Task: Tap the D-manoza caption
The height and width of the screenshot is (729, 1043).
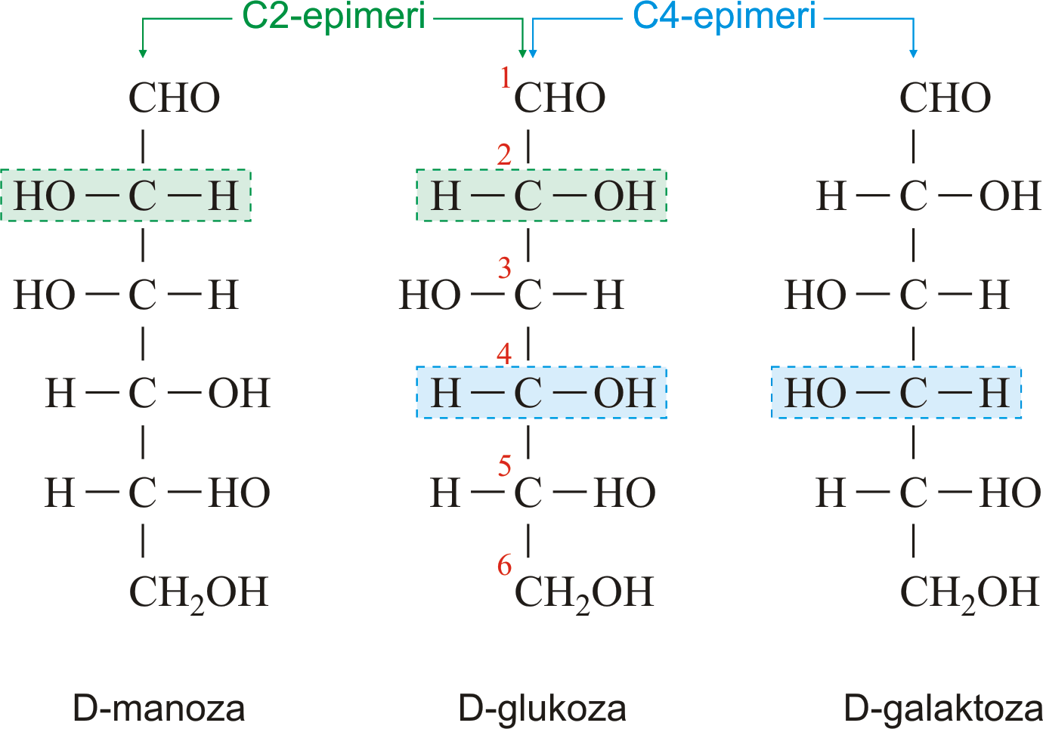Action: [x=159, y=709]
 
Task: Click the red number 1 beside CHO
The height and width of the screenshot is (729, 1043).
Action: [x=505, y=77]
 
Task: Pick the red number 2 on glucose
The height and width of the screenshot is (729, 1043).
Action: [x=504, y=155]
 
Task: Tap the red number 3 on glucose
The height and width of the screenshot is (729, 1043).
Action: [x=505, y=268]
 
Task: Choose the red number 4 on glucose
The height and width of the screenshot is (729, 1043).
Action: [x=504, y=354]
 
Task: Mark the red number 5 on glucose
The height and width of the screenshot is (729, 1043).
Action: [x=505, y=465]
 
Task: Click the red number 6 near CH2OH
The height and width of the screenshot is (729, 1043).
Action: [x=505, y=564]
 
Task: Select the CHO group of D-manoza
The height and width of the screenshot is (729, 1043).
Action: [x=174, y=97]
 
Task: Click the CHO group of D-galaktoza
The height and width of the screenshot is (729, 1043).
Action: [x=946, y=97]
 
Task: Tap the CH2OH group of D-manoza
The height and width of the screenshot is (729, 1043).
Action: [x=199, y=595]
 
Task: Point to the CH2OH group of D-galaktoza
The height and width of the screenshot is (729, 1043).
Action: [x=970, y=595]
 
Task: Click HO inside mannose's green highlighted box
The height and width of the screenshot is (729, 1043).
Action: [x=45, y=196]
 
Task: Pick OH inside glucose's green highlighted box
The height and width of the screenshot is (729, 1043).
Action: [x=625, y=196]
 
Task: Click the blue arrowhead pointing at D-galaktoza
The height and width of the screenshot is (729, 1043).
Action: [x=913, y=53]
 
